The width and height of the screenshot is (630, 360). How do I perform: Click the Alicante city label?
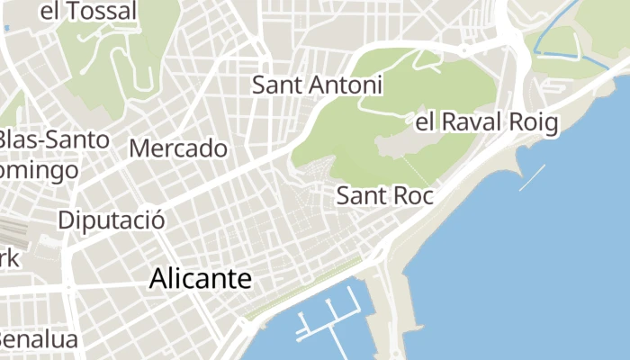[200, 279]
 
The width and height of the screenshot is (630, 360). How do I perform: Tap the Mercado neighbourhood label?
[178, 148]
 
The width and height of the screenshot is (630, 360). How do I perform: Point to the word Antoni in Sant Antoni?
[346, 85]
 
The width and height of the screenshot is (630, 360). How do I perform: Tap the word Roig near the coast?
[535, 121]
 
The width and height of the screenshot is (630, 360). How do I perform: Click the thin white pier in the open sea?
[532, 177]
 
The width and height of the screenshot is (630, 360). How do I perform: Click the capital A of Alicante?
[158, 279]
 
